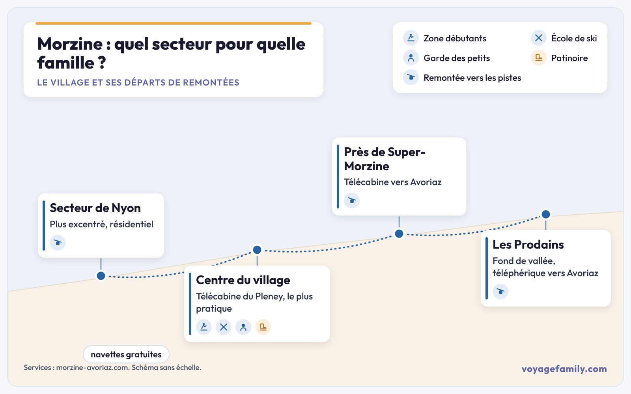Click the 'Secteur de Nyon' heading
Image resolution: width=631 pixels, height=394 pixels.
coord(95,208)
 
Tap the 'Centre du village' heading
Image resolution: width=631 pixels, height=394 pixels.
coord(243,280)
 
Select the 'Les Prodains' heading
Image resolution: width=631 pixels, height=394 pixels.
coord(528,245)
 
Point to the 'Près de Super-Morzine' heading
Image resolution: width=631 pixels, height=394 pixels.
coord(385,159)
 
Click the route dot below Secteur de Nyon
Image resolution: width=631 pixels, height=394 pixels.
coord(101,276)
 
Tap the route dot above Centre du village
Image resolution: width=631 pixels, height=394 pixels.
coord(257,250)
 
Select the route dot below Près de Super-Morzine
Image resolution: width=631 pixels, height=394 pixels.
coord(399,234)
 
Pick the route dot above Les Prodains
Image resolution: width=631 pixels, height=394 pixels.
coord(546,214)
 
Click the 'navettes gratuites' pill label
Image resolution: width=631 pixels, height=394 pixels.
coord(126,354)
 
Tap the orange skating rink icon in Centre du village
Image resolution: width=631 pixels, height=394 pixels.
coord(263,327)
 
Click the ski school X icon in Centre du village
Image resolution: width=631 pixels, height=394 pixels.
coord(223,327)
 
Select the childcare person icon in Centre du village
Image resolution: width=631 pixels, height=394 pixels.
coord(243,327)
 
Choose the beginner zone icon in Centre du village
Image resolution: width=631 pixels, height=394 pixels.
coord(204,327)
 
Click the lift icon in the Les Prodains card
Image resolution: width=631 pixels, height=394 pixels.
coord(500,291)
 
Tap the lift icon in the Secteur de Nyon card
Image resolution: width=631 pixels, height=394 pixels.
coord(58,243)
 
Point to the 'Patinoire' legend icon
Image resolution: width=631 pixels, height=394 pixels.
coord(539,58)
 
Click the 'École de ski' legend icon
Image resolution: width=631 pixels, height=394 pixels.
coord(539,38)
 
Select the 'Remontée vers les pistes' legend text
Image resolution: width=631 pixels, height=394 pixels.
coord(472,78)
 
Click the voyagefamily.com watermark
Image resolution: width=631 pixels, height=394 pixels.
coord(564,369)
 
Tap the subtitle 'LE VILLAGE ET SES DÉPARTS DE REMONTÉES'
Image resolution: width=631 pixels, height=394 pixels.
coord(138,82)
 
